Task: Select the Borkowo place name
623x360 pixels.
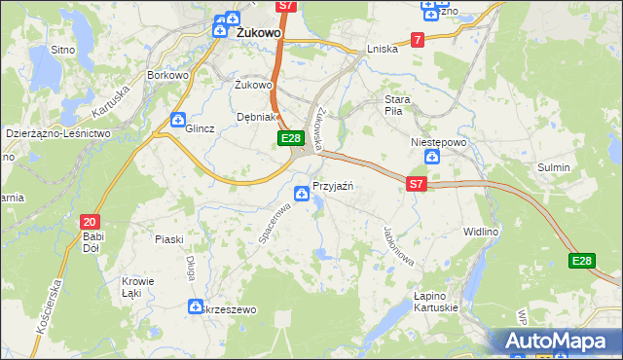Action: (x=165, y=74)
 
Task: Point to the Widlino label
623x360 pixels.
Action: (x=508, y=231)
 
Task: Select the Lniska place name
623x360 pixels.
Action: (x=383, y=49)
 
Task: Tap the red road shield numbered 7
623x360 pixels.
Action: (x=418, y=40)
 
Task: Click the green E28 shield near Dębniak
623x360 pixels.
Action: (x=289, y=140)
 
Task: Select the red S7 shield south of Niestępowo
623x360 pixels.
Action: (x=417, y=183)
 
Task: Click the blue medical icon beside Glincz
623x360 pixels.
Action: (x=177, y=121)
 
